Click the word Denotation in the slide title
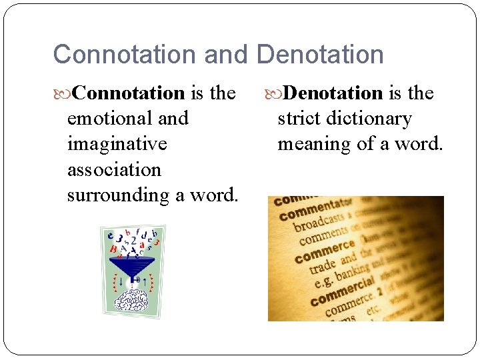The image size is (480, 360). (x=320, y=55)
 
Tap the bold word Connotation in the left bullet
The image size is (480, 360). (x=128, y=93)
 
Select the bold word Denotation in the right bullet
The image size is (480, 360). (x=333, y=93)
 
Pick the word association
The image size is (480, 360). (x=114, y=169)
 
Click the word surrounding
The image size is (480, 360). (x=114, y=195)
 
